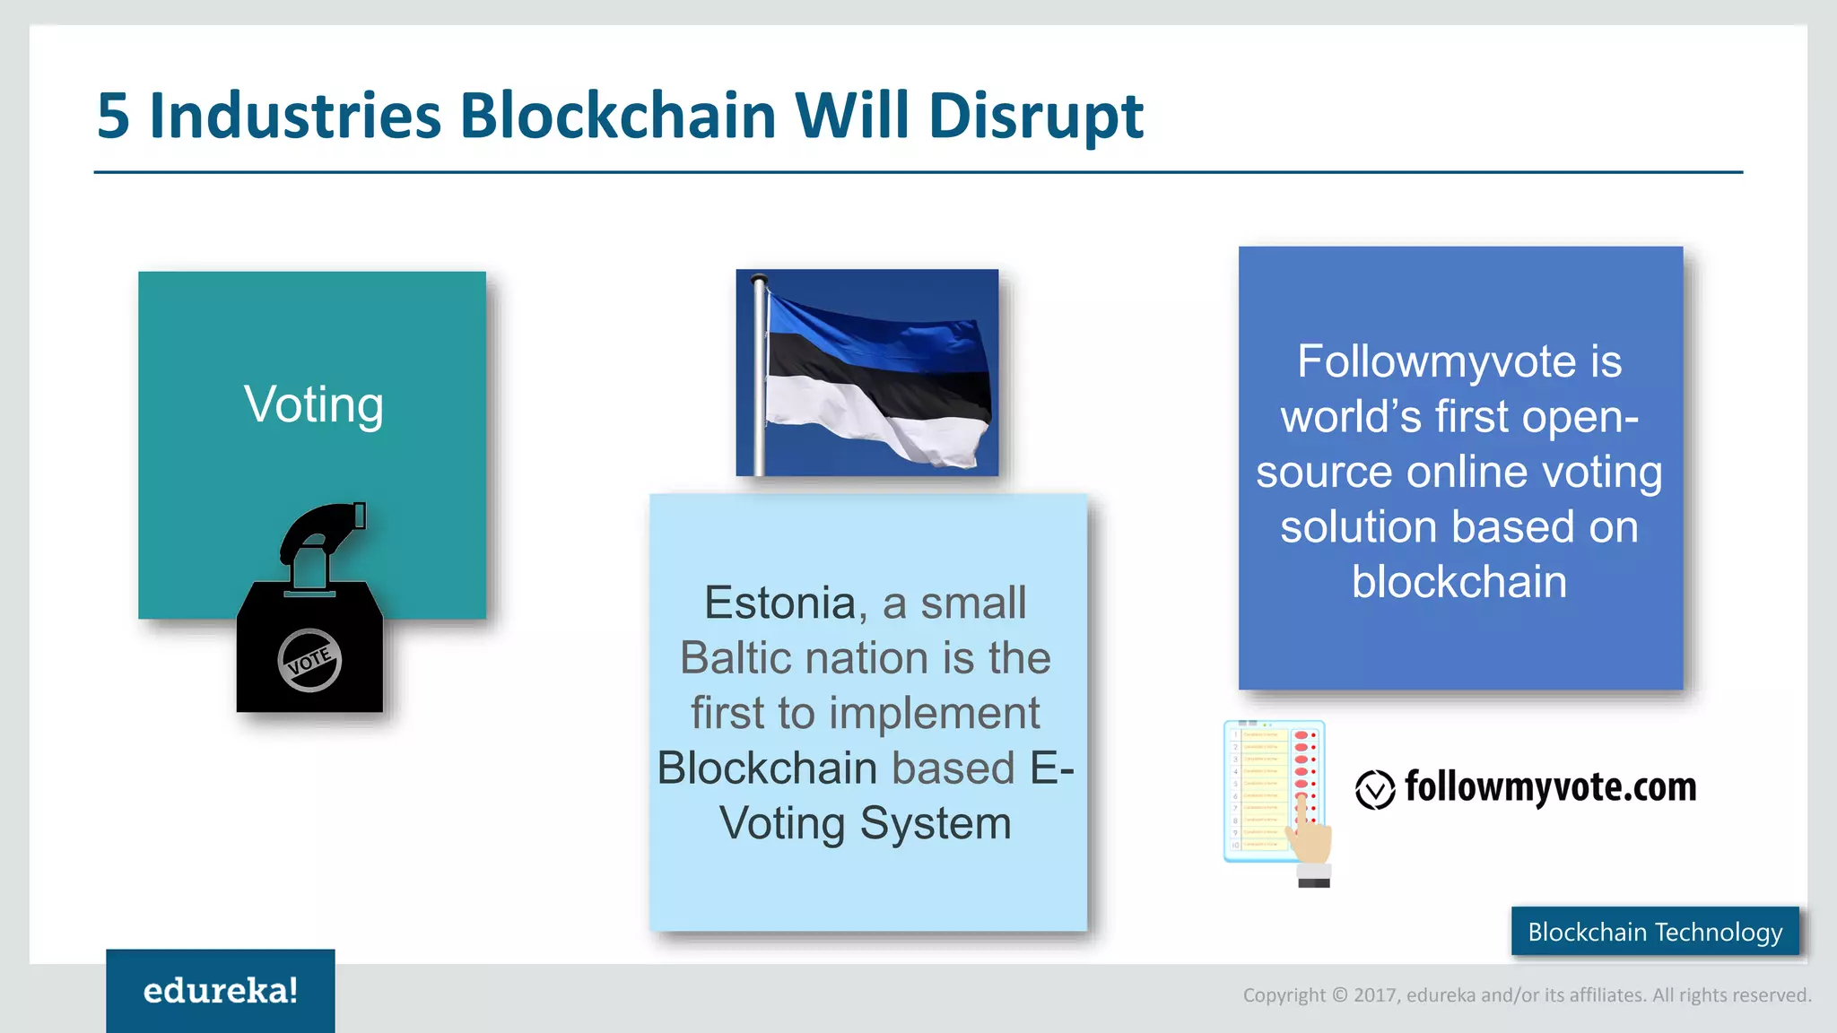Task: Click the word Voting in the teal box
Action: point(314,405)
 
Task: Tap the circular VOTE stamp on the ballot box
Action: point(309,661)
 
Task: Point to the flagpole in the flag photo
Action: point(760,377)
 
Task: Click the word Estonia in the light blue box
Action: point(779,603)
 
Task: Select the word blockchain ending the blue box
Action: point(1459,582)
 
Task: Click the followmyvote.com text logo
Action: point(1550,787)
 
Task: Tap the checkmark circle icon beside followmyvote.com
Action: point(1374,790)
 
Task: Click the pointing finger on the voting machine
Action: point(1310,829)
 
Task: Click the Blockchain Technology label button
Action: point(1655,932)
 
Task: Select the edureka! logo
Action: point(221,991)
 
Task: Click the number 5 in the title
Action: point(113,117)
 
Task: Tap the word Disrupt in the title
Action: point(1036,117)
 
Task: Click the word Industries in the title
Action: point(295,117)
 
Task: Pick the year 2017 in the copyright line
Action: point(1375,995)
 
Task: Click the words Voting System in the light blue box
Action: point(866,823)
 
